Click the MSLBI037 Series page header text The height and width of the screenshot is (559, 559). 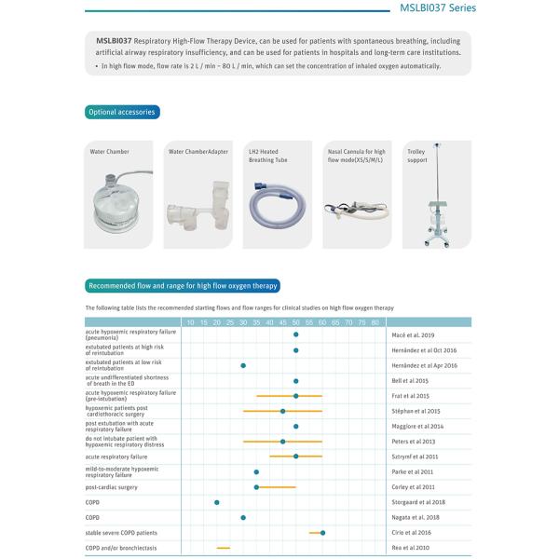click(x=438, y=8)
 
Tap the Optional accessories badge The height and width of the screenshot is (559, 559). click(x=121, y=113)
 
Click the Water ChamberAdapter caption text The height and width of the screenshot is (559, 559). click(x=198, y=151)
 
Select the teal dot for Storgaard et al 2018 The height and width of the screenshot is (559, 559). click(x=217, y=502)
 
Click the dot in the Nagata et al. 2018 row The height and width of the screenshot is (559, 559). click(x=243, y=517)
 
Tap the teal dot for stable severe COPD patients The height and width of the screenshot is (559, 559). click(x=322, y=532)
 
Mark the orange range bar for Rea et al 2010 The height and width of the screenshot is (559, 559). click(x=224, y=548)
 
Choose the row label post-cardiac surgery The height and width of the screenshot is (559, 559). click(x=112, y=487)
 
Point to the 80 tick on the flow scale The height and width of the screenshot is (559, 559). click(x=375, y=322)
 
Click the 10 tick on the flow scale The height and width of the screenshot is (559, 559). click(x=191, y=322)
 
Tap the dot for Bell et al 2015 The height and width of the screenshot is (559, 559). click(x=296, y=380)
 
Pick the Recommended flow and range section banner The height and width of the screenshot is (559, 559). click(x=182, y=286)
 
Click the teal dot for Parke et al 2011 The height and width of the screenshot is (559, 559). click(x=256, y=471)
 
